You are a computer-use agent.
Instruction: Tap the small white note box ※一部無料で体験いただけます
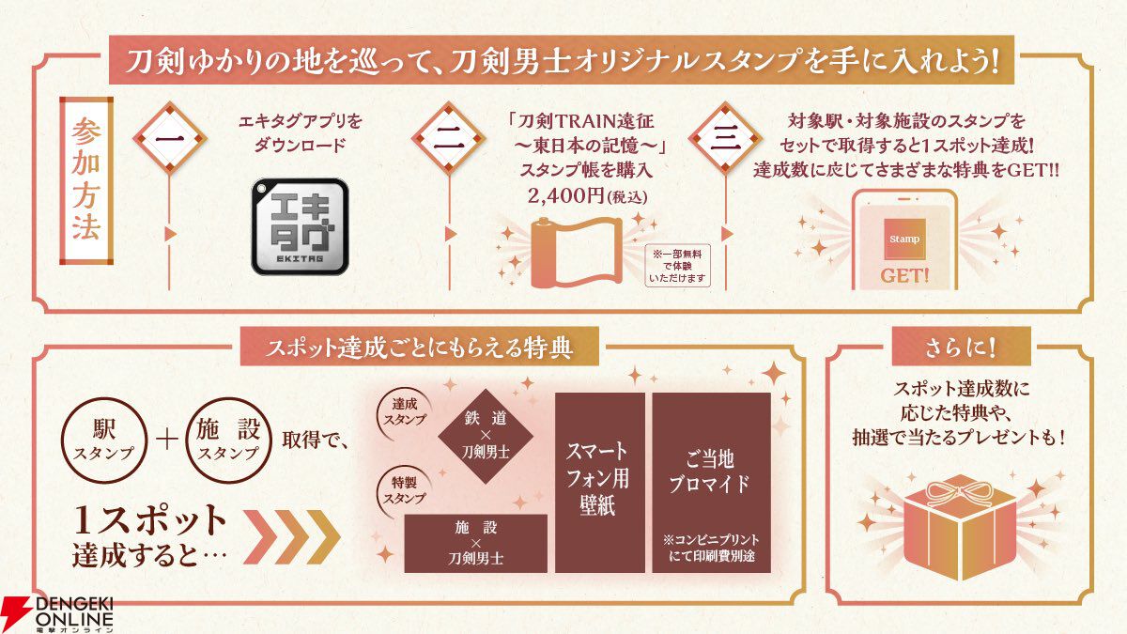point(679,266)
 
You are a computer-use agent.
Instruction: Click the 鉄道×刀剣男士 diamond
point(487,435)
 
